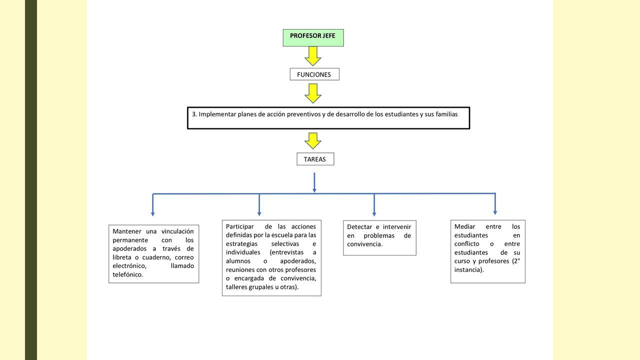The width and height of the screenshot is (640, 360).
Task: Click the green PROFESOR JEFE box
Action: (313, 37)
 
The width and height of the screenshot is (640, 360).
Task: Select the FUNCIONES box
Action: (314, 74)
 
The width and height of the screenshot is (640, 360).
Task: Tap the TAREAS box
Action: (315, 159)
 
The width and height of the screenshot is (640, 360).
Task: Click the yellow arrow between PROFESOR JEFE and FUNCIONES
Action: (313, 56)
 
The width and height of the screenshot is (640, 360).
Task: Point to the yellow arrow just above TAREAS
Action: (313, 141)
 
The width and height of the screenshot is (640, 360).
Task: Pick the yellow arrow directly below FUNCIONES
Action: (313, 93)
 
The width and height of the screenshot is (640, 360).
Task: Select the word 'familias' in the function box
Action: (446, 114)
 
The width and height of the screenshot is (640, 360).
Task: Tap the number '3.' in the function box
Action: (194, 114)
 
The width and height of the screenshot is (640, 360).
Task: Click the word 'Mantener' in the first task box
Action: (127, 231)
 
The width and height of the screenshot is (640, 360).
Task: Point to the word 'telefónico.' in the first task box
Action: (127, 274)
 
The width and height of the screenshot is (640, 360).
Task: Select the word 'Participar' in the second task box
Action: (239, 226)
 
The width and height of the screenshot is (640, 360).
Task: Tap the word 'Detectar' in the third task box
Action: (359, 227)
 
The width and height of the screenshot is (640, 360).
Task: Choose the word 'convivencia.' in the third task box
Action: (364, 244)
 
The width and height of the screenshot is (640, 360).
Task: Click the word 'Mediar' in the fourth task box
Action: (464, 226)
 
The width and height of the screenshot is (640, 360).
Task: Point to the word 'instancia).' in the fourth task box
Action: (469, 269)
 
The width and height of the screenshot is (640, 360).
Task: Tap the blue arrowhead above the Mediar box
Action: (495, 213)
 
